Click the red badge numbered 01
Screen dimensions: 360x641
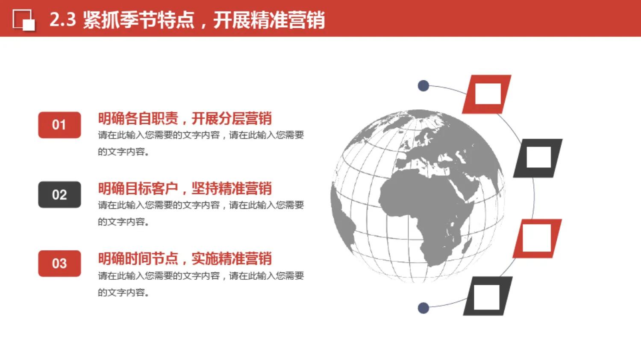[59, 125]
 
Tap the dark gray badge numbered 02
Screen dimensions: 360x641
[59, 195]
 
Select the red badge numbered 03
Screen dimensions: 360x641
[59, 263]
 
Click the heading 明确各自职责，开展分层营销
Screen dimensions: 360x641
[185, 118]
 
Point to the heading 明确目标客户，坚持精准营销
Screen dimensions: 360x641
[185, 188]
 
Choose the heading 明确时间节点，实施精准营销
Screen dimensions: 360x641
[185, 258]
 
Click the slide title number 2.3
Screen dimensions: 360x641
[62, 20]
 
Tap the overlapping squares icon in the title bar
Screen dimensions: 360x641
[24, 20]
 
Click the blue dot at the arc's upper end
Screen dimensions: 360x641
[423, 86]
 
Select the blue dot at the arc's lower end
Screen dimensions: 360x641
[423, 308]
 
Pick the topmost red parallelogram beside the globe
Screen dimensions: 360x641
[487, 94]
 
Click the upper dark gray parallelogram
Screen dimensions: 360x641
[538, 158]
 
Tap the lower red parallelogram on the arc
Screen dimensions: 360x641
[537, 238]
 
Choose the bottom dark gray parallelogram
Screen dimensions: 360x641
[488, 296]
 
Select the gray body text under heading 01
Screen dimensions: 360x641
[200, 143]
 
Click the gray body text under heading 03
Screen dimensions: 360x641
[200, 284]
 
